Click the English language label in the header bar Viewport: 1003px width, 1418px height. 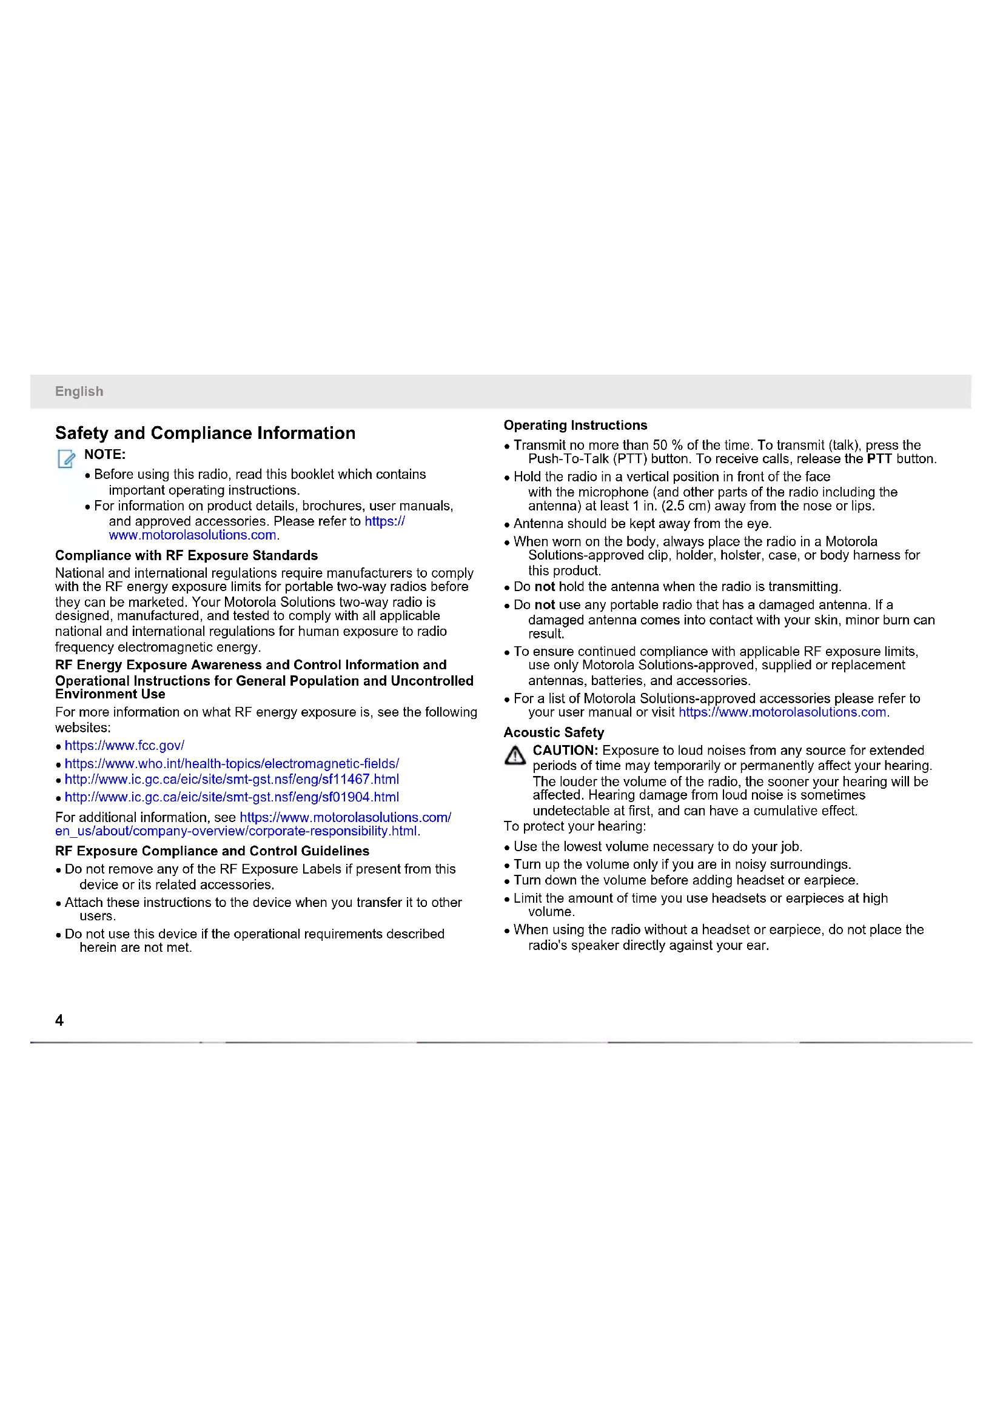pos(79,392)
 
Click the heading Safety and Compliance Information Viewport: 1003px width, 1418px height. pos(205,433)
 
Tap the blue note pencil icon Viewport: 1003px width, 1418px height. pos(66,458)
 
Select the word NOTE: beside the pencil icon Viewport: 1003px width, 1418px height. pos(105,455)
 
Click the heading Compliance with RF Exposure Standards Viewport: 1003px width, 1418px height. pos(186,555)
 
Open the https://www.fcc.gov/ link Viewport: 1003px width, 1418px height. pos(124,746)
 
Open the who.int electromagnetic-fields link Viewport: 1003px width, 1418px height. pos(232,764)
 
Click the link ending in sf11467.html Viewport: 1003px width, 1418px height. pos(232,780)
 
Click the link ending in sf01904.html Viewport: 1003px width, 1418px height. pos(232,797)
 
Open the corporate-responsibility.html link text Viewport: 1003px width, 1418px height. pos(236,831)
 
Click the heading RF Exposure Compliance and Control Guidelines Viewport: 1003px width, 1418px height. pos(212,851)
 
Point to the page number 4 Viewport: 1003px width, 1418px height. pos(59,1020)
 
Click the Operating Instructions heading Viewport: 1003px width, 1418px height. pos(575,426)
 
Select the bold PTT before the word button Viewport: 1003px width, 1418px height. pos(879,459)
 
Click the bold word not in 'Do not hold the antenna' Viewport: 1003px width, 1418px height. pos(544,587)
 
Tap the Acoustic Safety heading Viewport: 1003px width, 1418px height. pos(554,732)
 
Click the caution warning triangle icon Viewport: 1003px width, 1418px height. pos(514,755)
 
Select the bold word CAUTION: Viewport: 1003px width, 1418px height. pos(565,751)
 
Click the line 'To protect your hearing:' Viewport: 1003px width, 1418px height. pos(574,826)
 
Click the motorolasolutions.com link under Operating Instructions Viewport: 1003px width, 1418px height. pos(782,712)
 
